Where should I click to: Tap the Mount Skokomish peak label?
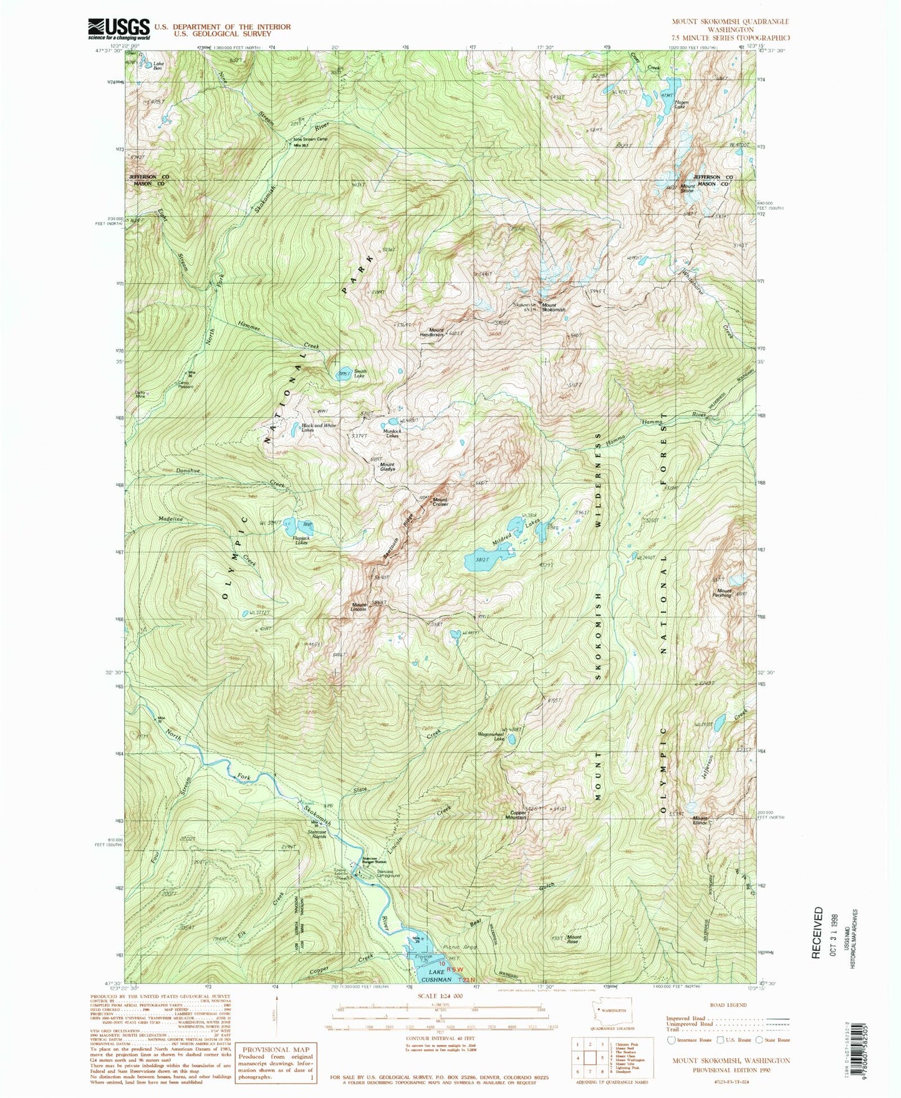click(553, 307)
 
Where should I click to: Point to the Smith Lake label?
click(360, 374)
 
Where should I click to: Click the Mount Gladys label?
click(387, 466)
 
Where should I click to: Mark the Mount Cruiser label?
click(440, 501)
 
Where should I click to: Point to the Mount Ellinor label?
click(700, 821)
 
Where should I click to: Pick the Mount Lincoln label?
click(360, 607)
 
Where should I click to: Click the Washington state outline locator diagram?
click(611, 1011)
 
